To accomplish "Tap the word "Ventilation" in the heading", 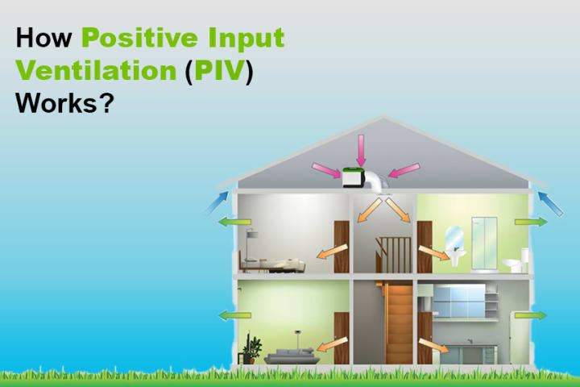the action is (x=96, y=70).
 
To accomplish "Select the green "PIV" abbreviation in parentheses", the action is (x=219, y=70).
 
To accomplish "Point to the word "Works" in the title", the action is (x=56, y=103).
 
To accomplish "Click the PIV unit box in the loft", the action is (x=353, y=177).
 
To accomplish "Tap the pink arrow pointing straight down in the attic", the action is (x=361, y=150).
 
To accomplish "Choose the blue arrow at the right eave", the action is (x=549, y=203).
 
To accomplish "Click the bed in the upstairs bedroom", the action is (x=271, y=264).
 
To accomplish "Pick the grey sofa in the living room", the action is (x=292, y=356).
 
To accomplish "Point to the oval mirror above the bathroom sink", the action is (x=454, y=238).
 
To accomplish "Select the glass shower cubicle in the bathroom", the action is (x=484, y=244).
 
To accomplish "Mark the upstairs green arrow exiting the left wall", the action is (x=234, y=223).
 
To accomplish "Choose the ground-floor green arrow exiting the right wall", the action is (x=530, y=315).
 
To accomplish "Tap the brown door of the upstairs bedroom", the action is (x=342, y=247).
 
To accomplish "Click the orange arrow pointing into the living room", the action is (x=332, y=344).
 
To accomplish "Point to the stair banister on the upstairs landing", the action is (x=393, y=255).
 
